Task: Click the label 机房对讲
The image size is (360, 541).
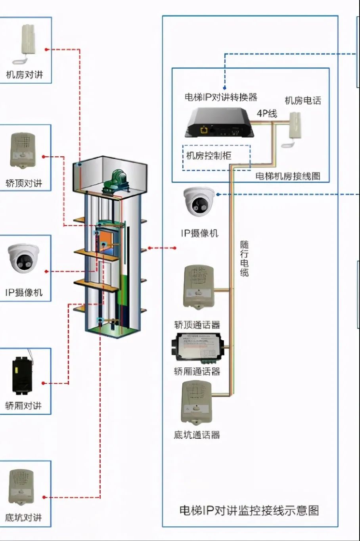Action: pos(24,74)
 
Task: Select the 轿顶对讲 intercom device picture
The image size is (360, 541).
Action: pos(23,151)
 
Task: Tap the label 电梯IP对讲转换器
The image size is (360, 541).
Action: pos(221,97)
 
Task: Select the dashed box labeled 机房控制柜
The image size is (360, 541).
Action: pos(216,157)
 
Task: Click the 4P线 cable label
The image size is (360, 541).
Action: pos(266,113)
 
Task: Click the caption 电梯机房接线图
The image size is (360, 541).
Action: pos(288,176)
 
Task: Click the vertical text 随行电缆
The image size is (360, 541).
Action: pos(244,258)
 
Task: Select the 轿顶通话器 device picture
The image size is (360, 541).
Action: pos(198,288)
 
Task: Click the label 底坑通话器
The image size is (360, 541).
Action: pos(197,435)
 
